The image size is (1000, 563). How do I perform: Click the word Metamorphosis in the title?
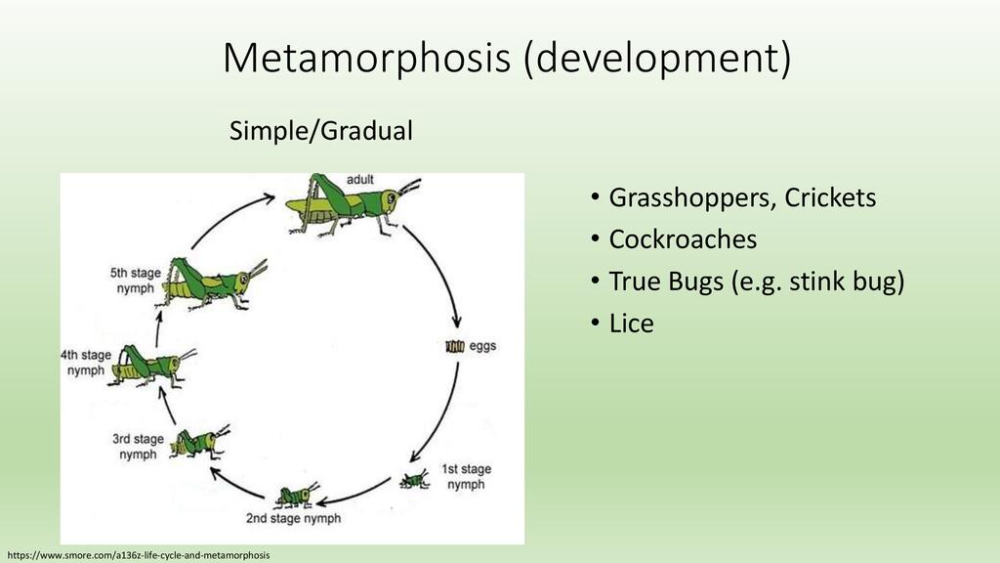(x=367, y=58)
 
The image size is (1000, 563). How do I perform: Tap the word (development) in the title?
(x=657, y=59)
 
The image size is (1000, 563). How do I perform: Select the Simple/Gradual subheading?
(x=320, y=131)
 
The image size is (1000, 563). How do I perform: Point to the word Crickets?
(x=830, y=197)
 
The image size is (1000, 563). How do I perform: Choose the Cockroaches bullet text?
(x=683, y=239)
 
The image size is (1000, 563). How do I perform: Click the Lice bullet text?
(x=632, y=323)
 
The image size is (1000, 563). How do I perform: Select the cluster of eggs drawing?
(x=455, y=346)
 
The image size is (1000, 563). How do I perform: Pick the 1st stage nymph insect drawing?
(x=414, y=479)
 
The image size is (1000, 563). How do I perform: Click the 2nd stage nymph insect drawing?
(x=297, y=495)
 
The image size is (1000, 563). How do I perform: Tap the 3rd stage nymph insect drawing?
(x=199, y=442)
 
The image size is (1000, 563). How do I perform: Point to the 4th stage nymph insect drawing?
(x=151, y=366)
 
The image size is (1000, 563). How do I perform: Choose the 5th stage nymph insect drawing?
(x=211, y=284)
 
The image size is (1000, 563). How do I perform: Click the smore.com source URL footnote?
(x=139, y=555)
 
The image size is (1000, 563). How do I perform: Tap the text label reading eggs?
(x=482, y=346)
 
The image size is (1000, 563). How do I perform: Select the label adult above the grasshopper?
(x=359, y=180)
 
